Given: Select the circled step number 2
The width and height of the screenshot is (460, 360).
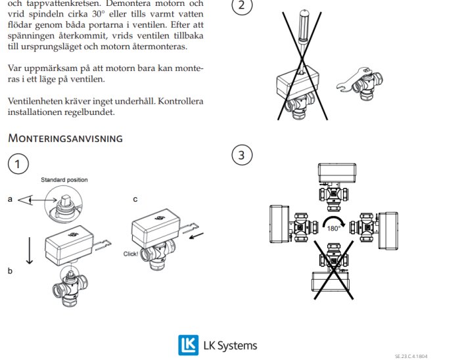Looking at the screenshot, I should (242, 6).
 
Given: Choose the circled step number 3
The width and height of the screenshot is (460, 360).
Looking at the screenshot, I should (242, 155).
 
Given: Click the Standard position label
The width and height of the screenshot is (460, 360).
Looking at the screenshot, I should (64, 180).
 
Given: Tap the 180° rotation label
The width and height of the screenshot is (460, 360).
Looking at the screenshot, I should (334, 229).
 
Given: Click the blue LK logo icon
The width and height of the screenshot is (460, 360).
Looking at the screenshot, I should (188, 345).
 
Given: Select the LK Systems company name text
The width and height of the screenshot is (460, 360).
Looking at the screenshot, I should (230, 346).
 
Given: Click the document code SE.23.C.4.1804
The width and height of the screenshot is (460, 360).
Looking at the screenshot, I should (415, 356).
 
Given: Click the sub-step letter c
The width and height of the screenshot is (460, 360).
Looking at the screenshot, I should (135, 199).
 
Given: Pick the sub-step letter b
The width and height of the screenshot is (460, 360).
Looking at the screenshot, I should (10, 270).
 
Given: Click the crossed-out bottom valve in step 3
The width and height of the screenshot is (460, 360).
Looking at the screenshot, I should (335, 269).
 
